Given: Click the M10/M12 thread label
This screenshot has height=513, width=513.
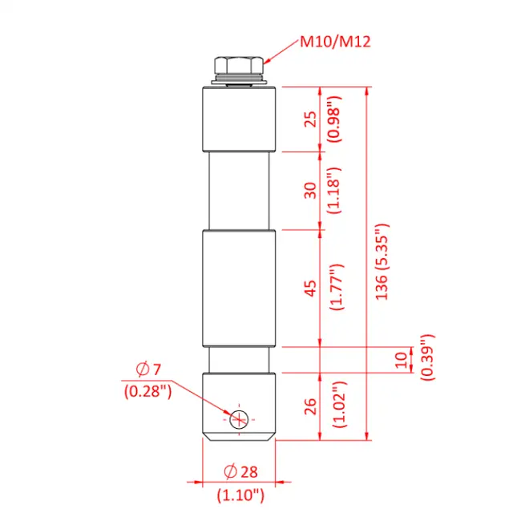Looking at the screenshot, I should pyautogui.click(x=336, y=42).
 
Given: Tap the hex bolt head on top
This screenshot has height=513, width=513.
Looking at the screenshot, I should pyautogui.click(x=239, y=67).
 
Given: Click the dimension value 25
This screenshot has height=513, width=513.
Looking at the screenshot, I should pyautogui.click(x=311, y=119).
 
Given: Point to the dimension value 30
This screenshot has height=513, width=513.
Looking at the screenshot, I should pyautogui.click(x=311, y=190).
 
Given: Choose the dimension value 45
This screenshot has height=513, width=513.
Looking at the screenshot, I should pyautogui.click(x=311, y=287).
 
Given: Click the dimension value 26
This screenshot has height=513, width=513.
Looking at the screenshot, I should pyautogui.click(x=311, y=406).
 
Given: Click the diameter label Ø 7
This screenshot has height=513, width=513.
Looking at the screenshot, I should pyautogui.click(x=148, y=370).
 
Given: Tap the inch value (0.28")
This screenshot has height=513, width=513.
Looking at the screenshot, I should pyautogui.click(x=148, y=391).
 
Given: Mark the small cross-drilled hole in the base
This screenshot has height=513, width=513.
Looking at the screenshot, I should pyautogui.click(x=238, y=418).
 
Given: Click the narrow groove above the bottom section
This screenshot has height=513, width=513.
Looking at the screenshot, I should pyautogui.click(x=239, y=360).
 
